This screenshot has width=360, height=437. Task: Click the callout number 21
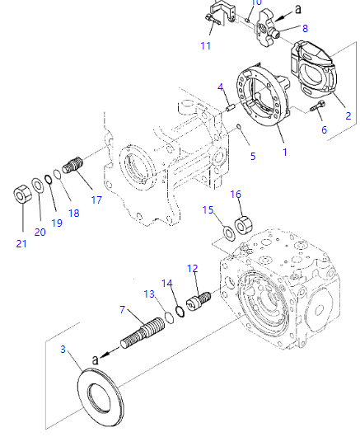coord(21,243)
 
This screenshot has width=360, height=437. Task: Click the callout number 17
coord(96,200)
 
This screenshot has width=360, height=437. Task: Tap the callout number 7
coord(122,309)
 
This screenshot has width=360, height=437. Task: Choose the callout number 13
coord(149,294)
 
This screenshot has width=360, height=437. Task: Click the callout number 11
coord(206,45)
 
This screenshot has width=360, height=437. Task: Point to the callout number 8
coord(305,28)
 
